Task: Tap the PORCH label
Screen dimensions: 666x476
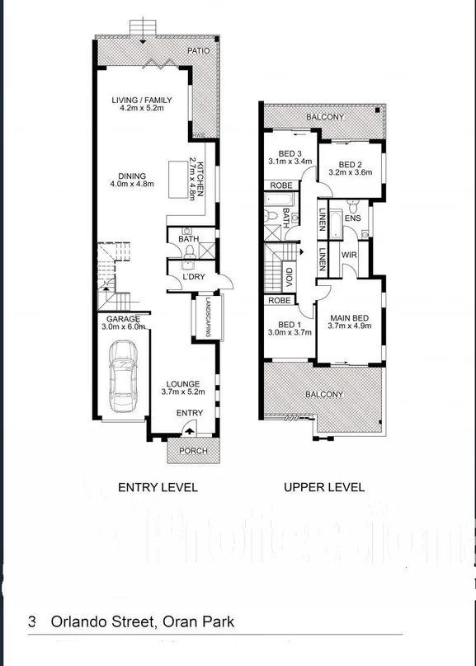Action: click(193, 451)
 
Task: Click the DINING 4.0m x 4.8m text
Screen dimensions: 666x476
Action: click(132, 181)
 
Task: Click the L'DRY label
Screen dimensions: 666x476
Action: click(193, 277)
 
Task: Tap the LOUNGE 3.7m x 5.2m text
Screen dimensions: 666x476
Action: click(183, 388)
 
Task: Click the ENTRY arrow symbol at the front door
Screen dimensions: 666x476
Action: click(189, 429)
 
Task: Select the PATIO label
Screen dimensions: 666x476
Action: click(198, 51)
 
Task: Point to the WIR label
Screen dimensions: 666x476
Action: click(348, 256)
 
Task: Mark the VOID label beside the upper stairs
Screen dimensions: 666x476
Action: click(290, 274)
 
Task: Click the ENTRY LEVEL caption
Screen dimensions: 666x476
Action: click(158, 487)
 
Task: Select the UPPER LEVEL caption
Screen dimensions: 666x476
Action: click(323, 487)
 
